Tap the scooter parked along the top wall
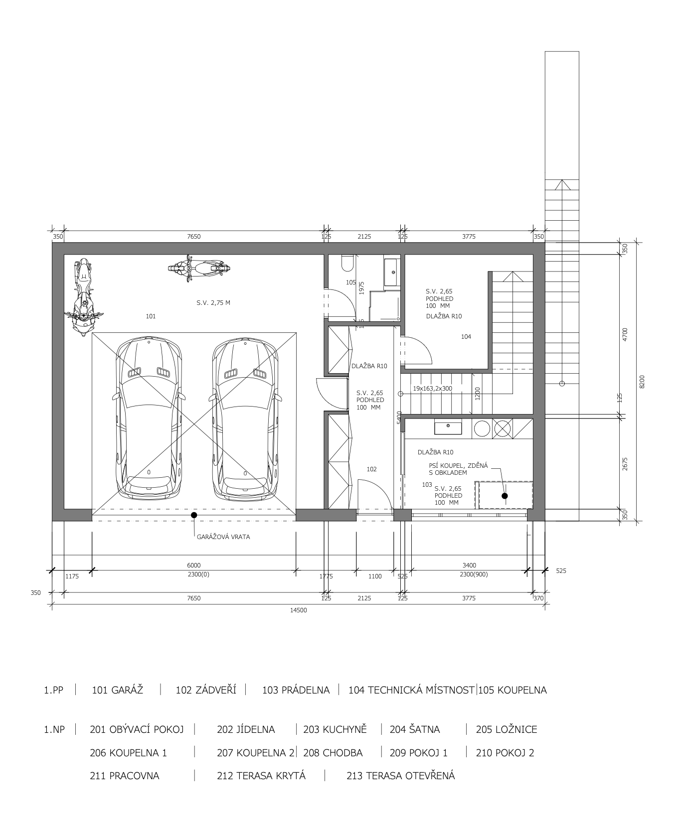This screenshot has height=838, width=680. tap(199, 269)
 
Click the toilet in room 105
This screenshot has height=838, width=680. tap(347, 263)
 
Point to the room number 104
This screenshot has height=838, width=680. tap(466, 337)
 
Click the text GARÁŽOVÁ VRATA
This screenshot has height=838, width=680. tap(223, 537)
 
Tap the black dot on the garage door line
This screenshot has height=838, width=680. tap(194, 515)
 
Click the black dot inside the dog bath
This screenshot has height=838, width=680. tap(505, 496)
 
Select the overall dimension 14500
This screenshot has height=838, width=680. tap(298, 610)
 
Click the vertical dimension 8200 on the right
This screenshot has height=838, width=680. tap(642, 382)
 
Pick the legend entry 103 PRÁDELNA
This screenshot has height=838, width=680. tap(296, 690)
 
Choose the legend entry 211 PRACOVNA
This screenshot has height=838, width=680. tap(125, 776)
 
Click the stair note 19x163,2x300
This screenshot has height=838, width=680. tap(432, 388)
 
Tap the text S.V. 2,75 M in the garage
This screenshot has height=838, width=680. tap(213, 302)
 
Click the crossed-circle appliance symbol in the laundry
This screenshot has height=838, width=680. tap(503, 428)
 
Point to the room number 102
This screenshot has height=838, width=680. tap(371, 469)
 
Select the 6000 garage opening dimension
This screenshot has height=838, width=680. tap(193, 565)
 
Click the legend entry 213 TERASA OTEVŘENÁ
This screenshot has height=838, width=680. tap(400, 776)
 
